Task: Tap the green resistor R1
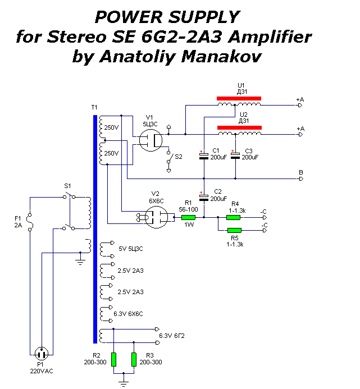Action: (188, 217)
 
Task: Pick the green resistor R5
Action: (234, 230)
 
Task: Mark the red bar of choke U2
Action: (239, 128)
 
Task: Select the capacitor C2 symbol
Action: (204, 197)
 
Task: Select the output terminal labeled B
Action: (300, 173)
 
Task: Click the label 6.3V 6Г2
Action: (172, 336)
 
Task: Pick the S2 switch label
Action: (178, 157)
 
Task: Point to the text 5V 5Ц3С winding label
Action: (130, 248)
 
